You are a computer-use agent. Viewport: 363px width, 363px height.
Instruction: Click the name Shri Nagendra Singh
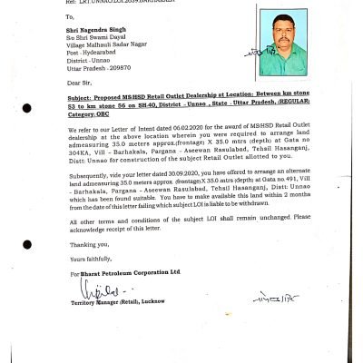click(92, 30)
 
